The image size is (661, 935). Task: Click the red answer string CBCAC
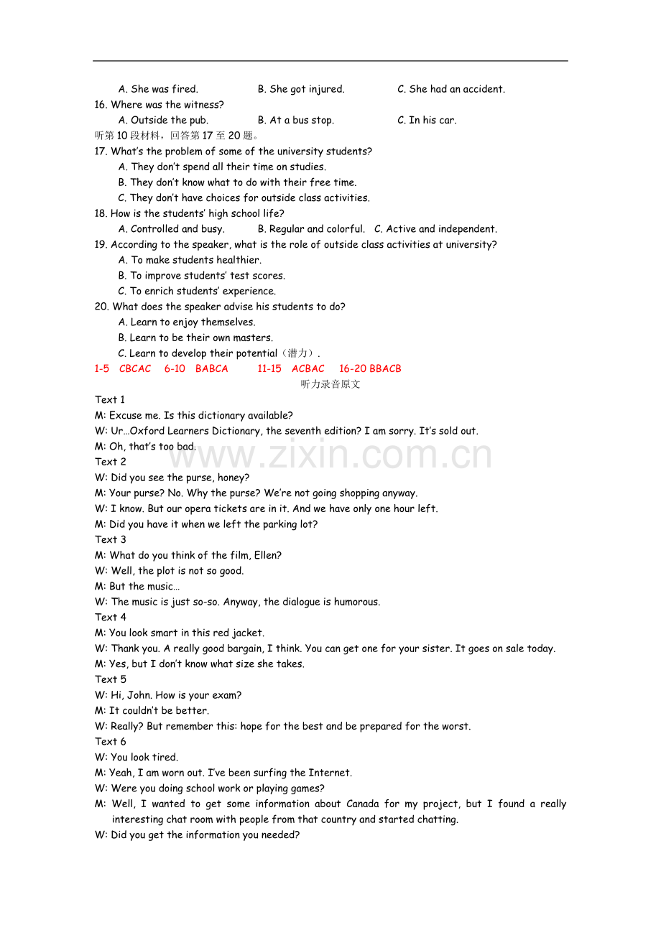point(135,368)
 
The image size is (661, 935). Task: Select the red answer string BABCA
point(211,368)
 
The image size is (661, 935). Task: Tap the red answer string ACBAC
point(308,368)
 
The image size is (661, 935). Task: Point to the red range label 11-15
point(269,368)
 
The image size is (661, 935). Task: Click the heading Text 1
point(110,400)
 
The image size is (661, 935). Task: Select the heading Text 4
point(110,618)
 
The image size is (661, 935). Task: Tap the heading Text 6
point(110,742)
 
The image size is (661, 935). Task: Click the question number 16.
point(101,105)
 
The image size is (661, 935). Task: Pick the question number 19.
point(101,245)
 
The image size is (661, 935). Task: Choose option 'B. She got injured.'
point(301,89)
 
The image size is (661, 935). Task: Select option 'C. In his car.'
point(427,120)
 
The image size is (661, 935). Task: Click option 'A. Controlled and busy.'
point(171,229)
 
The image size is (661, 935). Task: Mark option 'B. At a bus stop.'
point(295,120)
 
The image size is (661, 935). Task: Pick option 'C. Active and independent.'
point(435,229)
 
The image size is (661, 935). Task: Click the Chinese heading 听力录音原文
point(330,384)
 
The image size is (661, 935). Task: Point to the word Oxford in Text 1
point(147,431)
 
